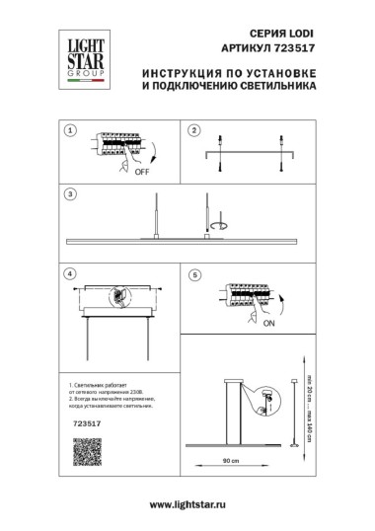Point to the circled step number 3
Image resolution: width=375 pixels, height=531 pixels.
tap(69, 194)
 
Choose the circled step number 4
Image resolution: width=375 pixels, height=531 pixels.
tap(69, 272)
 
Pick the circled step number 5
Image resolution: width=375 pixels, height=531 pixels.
tap(194, 272)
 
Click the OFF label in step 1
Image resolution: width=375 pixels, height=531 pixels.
tap(142, 170)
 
